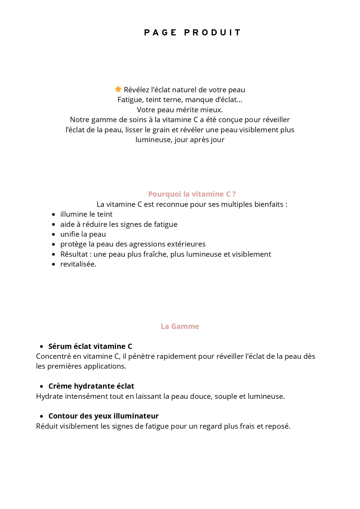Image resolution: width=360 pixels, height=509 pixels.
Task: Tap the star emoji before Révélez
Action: pyautogui.click(x=118, y=89)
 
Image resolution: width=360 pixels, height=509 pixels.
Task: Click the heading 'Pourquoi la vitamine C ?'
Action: pyautogui.click(x=192, y=194)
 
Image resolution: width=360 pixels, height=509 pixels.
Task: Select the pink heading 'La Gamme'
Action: pyautogui.click(x=180, y=326)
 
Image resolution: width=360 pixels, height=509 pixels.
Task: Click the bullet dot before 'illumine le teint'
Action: pyautogui.click(x=53, y=215)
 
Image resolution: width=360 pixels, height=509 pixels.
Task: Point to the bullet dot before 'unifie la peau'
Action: pyautogui.click(x=53, y=234)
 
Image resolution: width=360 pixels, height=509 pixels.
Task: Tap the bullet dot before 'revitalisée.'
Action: pyautogui.click(x=53, y=265)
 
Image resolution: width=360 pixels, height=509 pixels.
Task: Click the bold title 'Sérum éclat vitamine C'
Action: pyautogui.click(x=90, y=346)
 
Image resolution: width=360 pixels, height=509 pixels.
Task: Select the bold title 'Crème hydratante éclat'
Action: pyautogui.click(x=91, y=386)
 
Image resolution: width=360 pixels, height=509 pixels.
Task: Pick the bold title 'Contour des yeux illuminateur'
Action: pyautogui.click(x=103, y=416)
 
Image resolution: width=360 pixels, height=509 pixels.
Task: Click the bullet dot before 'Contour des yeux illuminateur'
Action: pyautogui.click(x=42, y=416)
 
